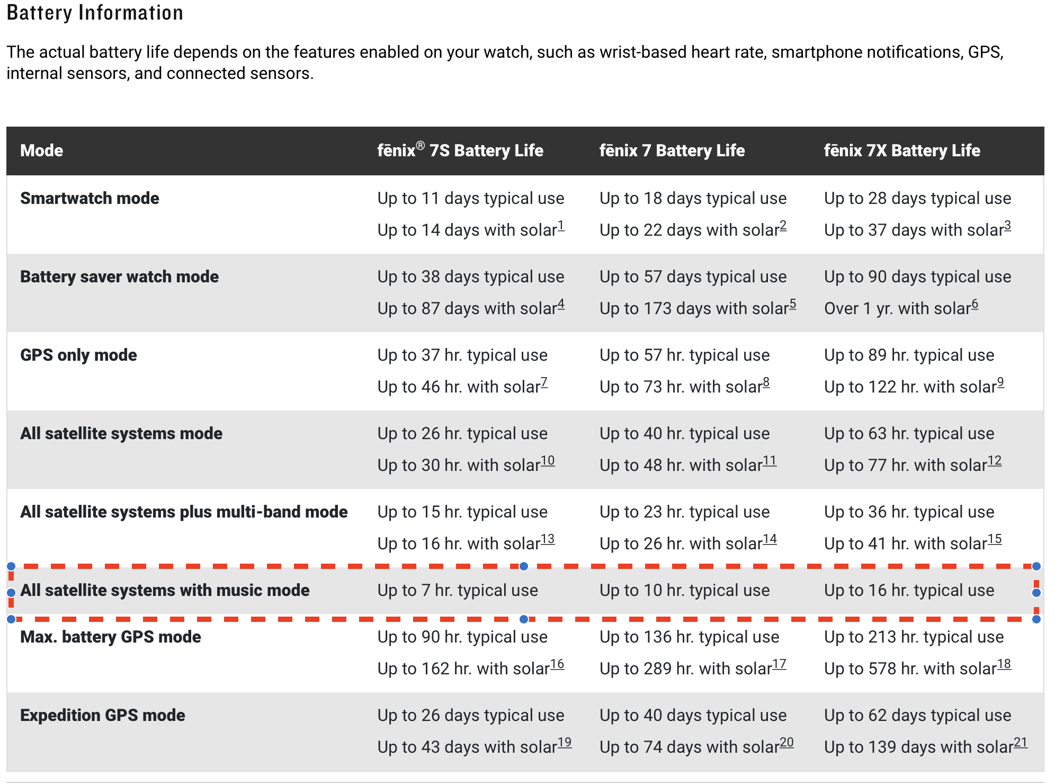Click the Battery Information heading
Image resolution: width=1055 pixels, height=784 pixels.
point(95,13)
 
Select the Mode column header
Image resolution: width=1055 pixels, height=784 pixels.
point(41,150)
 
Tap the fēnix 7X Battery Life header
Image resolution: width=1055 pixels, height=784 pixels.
point(901,150)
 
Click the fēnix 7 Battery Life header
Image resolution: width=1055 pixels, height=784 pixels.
point(672,150)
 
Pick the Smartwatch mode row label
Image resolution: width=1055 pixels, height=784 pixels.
point(90,198)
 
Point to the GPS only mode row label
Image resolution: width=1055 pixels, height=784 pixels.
point(78,355)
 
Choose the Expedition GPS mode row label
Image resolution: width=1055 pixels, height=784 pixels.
point(102,715)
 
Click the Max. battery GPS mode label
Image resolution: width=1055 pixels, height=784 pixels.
point(110,637)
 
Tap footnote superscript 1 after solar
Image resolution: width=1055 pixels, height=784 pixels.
point(561,226)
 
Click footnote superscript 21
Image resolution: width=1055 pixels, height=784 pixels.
point(1021,743)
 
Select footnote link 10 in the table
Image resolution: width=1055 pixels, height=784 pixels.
point(548,461)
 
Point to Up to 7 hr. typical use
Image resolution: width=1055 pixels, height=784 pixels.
point(458,590)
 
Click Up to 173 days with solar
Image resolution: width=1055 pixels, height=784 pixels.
point(694,308)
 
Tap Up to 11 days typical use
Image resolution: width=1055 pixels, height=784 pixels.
point(470,198)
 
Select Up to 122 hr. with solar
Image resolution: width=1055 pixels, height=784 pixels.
point(910,387)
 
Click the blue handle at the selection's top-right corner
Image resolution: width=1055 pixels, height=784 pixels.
point(1036,566)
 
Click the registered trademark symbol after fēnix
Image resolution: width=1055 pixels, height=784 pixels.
point(420,146)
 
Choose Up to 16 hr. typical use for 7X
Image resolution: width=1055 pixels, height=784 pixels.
point(909,590)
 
